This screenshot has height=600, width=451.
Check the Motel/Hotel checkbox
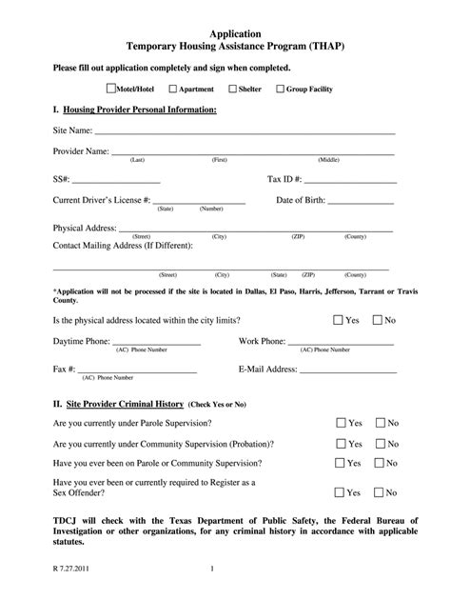(111, 89)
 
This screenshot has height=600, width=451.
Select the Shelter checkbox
(233, 90)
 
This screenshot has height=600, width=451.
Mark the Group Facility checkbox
(279, 90)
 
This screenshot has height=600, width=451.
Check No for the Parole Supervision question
(380, 423)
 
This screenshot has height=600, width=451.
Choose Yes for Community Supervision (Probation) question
(340, 444)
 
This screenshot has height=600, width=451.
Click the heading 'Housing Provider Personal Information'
(142, 110)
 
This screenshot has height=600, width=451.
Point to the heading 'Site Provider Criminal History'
(124, 403)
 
